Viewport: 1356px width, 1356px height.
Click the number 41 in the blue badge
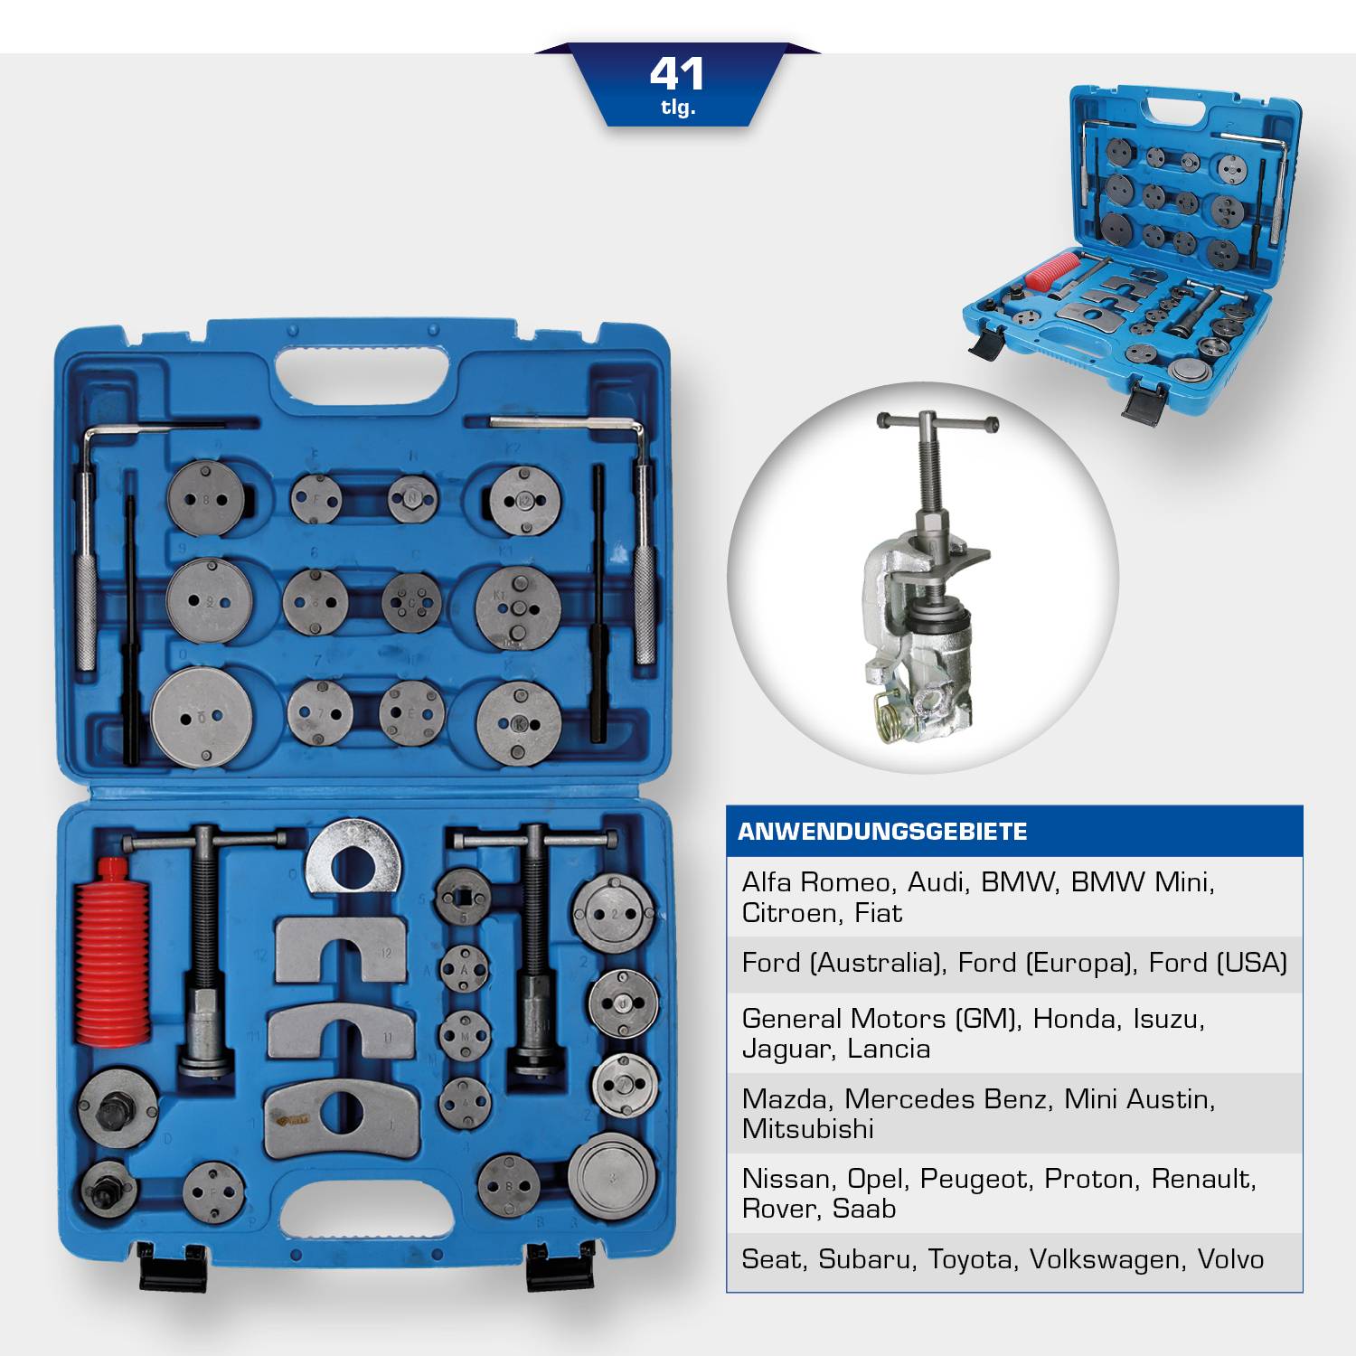(676, 74)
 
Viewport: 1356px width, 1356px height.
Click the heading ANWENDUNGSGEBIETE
(882, 832)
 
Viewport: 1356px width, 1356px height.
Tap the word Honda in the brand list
(1074, 1019)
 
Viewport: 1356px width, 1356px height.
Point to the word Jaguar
(784, 1050)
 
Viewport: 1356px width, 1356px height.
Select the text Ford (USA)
(1218, 963)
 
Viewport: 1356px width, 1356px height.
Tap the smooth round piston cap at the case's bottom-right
(612, 1174)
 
